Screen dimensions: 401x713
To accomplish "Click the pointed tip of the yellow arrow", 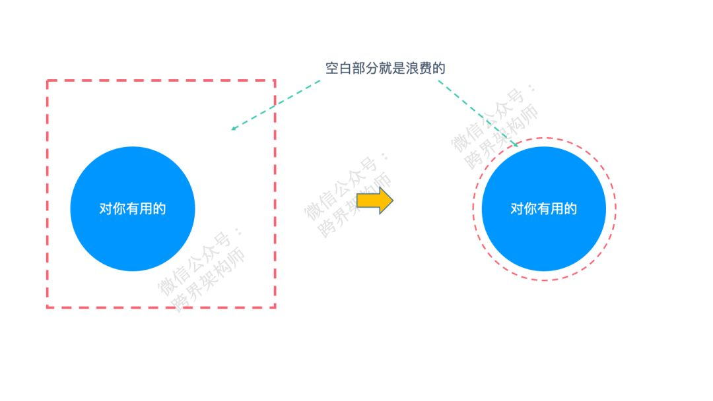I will [392, 200].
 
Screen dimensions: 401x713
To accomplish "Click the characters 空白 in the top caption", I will [337, 68].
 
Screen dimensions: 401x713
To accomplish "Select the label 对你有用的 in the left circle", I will [132, 209].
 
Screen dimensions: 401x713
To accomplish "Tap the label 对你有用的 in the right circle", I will [543, 209].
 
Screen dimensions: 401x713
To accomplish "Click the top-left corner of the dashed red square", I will [48, 81].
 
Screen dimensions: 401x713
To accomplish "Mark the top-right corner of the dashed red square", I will [274, 81].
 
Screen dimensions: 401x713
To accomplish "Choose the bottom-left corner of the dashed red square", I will [48, 307].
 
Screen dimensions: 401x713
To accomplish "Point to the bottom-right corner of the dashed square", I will [274, 307].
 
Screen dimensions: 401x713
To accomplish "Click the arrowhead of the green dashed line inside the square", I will [233, 129].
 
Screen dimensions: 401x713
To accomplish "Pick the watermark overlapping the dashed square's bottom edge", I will [201, 270].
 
